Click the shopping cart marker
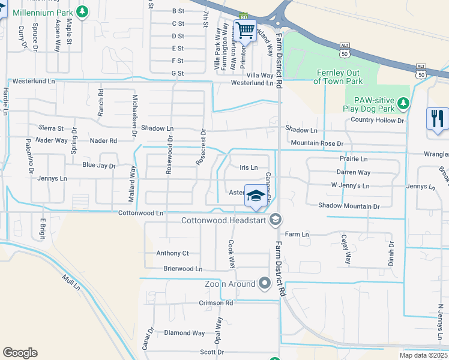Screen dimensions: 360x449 246,30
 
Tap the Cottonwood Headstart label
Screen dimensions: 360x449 226,221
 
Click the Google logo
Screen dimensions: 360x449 20,353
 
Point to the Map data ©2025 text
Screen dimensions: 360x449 423,355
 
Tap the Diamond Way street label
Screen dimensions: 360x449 185,333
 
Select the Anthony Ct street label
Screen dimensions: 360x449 172,253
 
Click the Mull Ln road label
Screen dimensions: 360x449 71,283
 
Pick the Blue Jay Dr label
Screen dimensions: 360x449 98,165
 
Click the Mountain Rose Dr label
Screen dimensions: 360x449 316,144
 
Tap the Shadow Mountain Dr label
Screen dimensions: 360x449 349,206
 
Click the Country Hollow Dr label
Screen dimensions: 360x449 378,121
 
